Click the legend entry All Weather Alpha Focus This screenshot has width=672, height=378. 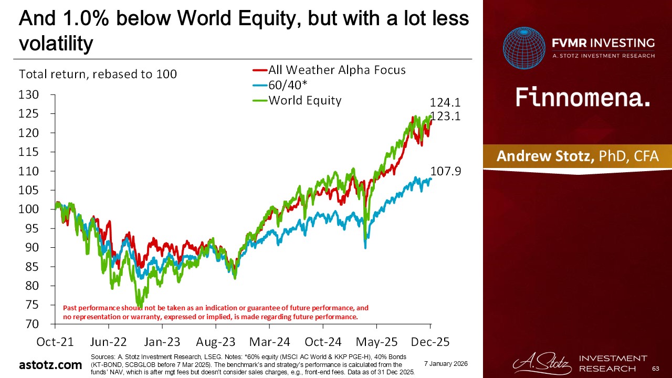click(337, 70)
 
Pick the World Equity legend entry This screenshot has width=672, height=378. click(304, 100)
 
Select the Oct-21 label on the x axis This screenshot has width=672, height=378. click(55, 342)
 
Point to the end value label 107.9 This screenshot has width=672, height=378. click(445, 171)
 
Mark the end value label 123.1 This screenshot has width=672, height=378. click(445, 117)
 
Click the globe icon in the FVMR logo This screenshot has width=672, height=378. click(524, 48)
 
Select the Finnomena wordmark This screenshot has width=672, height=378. click(583, 98)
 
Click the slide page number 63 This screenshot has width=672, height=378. click(655, 369)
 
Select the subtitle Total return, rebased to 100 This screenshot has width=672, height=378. click(98, 75)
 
